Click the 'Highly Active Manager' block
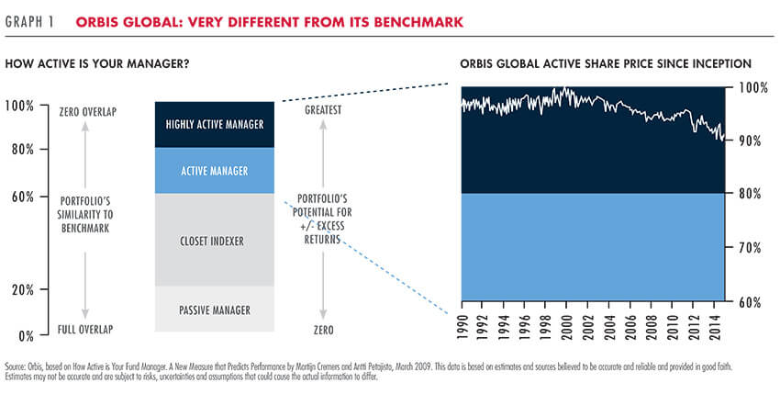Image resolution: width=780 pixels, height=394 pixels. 215,124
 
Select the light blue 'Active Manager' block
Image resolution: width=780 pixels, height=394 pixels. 215,170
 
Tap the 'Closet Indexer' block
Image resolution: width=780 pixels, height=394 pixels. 215,240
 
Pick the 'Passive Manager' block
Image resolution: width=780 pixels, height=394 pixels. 215,309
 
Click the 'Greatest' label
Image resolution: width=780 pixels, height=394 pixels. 322,111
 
